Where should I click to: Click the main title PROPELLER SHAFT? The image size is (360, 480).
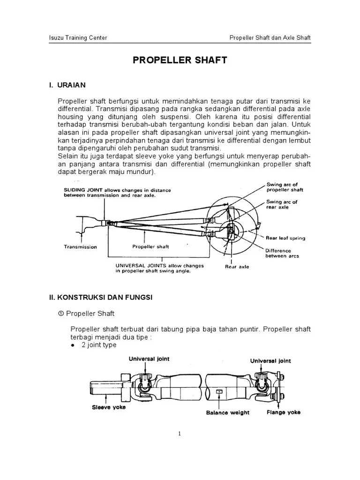coord(180,60)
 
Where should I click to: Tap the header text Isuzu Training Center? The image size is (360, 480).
coord(78,37)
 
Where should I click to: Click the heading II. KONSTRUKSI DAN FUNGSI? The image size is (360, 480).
coord(100,297)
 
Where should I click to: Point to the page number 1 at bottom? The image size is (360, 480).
coord(180,434)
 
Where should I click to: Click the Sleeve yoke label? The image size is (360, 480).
coord(109,407)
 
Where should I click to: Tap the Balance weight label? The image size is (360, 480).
coord(228,412)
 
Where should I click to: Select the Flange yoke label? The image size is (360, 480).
coord(284,412)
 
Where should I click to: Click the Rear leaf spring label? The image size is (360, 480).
coord(285,238)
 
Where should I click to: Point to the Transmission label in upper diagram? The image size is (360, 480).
coord(80,247)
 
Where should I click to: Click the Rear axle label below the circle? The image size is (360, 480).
coord(237,267)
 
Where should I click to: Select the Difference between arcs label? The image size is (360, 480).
coord(282,253)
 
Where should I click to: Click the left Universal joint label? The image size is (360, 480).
coord(150,359)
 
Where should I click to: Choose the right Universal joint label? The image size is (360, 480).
coord(270,360)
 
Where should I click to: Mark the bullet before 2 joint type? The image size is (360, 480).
coord(73,345)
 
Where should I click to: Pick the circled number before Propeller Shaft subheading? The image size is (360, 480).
coord(60,313)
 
